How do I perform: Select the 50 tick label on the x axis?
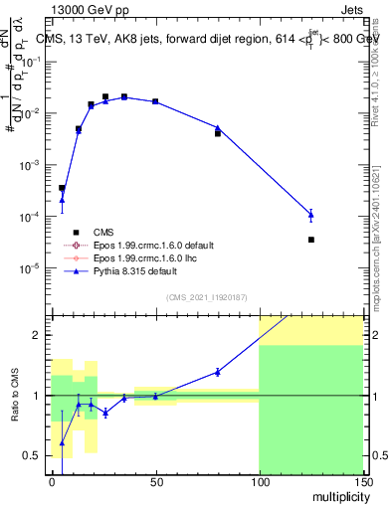(155, 484)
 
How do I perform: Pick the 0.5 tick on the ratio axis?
(37, 455)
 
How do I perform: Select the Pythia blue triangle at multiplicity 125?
(311, 214)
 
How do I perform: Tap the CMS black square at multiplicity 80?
(218, 133)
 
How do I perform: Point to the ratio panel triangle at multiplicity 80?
(218, 372)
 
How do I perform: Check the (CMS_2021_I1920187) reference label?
(206, 297)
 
